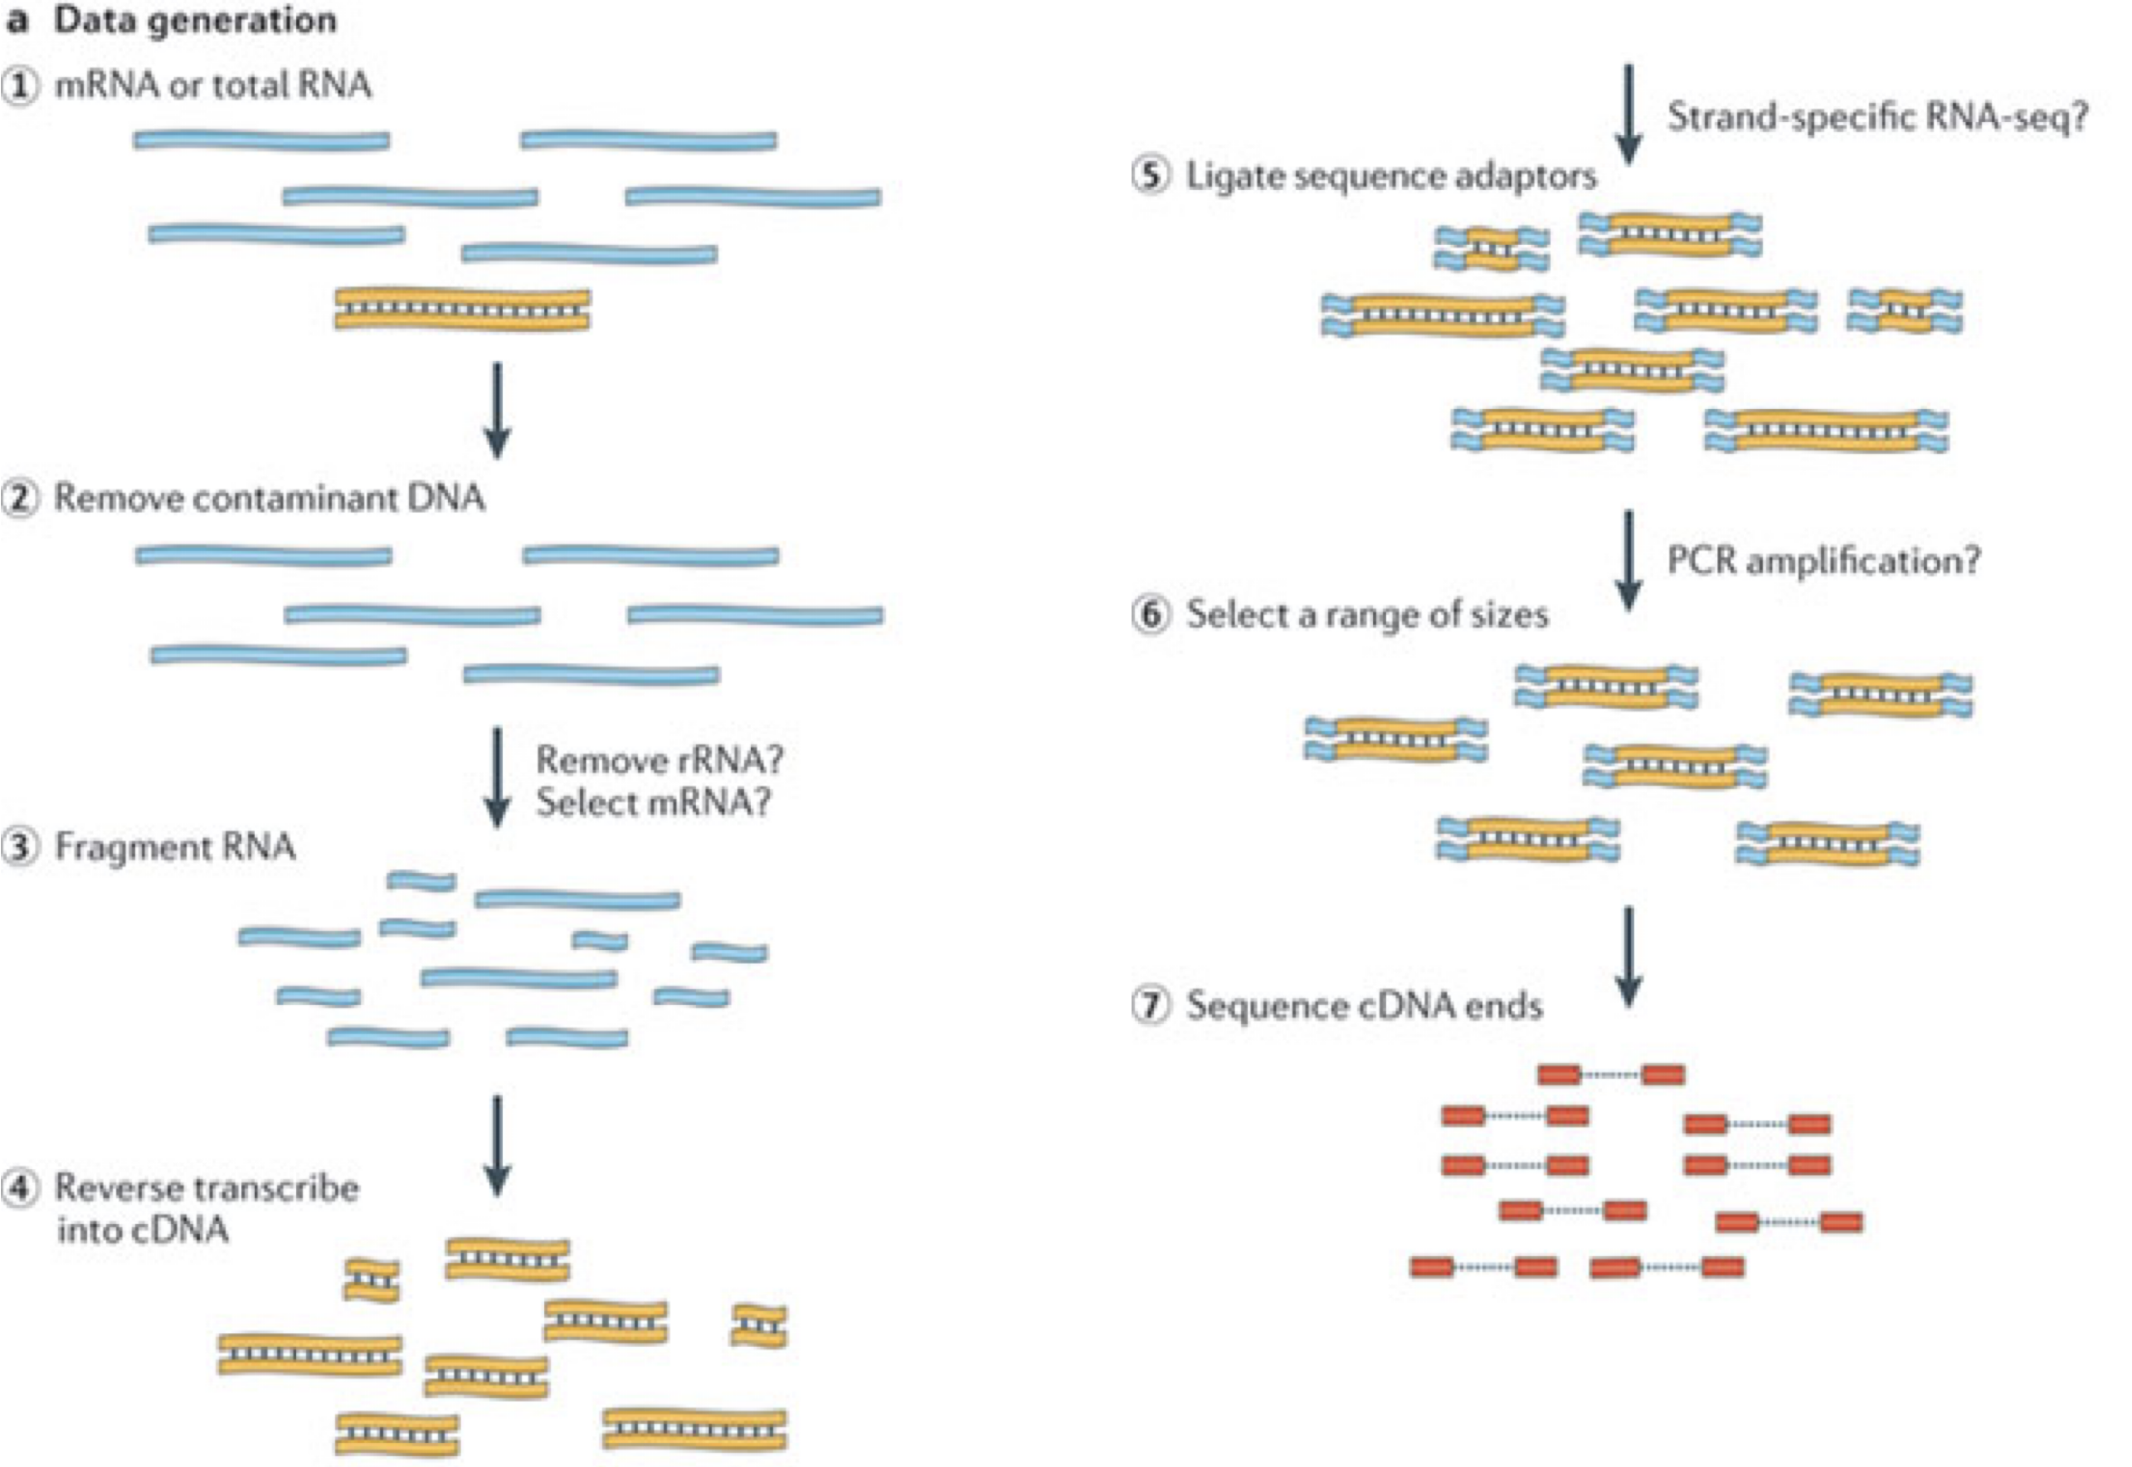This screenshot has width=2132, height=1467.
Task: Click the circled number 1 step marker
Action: pos(20,86)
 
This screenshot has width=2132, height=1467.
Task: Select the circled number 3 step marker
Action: pos(20,846)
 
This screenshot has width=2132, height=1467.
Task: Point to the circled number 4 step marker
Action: pos(20,1188)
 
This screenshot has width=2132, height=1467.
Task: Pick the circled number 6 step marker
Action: pos(1151,614)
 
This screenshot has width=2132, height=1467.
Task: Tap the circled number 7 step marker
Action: pos(1151,1006)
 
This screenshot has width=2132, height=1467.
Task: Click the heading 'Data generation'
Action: pos(195,21)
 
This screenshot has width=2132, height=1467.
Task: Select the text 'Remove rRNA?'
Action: pos(659,761)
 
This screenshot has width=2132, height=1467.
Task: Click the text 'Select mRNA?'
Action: pos(654,803)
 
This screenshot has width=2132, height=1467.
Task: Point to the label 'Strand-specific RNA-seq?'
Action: pos(1877,118)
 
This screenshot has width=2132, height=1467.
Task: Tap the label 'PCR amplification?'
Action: pos(1823,561)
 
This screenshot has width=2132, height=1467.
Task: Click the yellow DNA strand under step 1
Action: pos(462,309)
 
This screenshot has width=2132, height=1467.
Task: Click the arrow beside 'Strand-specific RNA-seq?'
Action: pos(1628,115)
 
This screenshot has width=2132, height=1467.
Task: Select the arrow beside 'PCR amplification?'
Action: pos(1628,560)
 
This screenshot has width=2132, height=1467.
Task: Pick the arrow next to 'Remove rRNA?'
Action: pos(497,777)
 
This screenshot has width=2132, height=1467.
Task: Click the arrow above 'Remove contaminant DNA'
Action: pos(497,410)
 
